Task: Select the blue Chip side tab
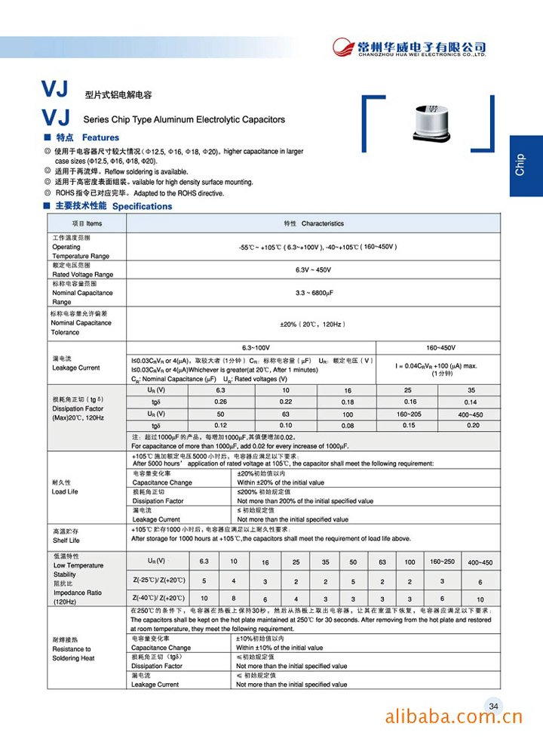526,165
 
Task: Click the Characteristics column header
313,223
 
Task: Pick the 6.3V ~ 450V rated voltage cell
313,270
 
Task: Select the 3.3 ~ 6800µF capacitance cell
313,293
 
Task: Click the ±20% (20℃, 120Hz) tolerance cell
313,324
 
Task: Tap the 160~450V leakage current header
437,347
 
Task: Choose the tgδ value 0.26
220,402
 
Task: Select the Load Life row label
65,491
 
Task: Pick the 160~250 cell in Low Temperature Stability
442,562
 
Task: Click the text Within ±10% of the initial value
281,648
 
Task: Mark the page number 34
494,707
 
